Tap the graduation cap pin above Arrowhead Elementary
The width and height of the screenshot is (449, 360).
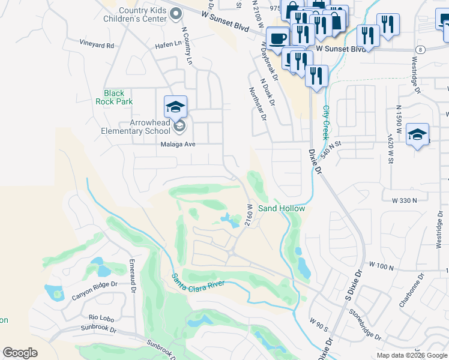click(x=175, y=107)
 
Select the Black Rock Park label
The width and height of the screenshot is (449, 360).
click(x=114, y=97)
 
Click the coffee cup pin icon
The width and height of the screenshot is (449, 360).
click(x=277, y=38)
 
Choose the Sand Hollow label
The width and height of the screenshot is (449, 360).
click(x=282, y=208)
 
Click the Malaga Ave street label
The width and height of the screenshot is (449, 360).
click(x=178, y=145)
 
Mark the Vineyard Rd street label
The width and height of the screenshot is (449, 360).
click(x=97, y=44)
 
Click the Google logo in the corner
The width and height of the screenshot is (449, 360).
click(x=20, y=353)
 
